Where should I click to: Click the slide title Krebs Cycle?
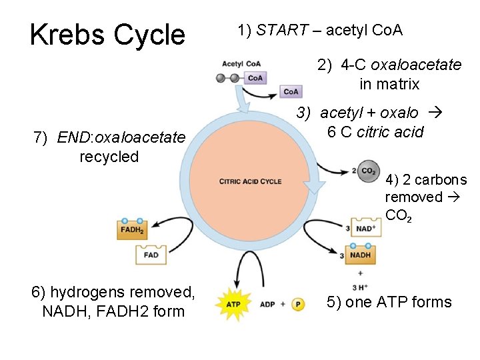[x=107, y=34]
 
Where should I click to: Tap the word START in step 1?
[x=282, y=30]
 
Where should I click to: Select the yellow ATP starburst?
[x=233, y=304]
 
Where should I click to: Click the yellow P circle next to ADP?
[x=298, y=304]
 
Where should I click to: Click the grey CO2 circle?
[x=367, y=171]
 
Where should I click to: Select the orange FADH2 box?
[x=132, y=229]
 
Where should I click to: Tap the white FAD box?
[x=151, y=255]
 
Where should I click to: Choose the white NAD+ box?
[x=366, y=229]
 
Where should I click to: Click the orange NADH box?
[x=361, y=255]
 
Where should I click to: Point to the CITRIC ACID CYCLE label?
[x=250, y=181]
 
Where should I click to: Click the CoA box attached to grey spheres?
[x=255, y=78]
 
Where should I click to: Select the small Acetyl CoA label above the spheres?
[x=241, y=64]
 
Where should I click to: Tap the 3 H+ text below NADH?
[x=360, y=287]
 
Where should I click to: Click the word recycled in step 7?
[x=109, y=157]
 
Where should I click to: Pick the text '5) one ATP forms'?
[x=389, y=302]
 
